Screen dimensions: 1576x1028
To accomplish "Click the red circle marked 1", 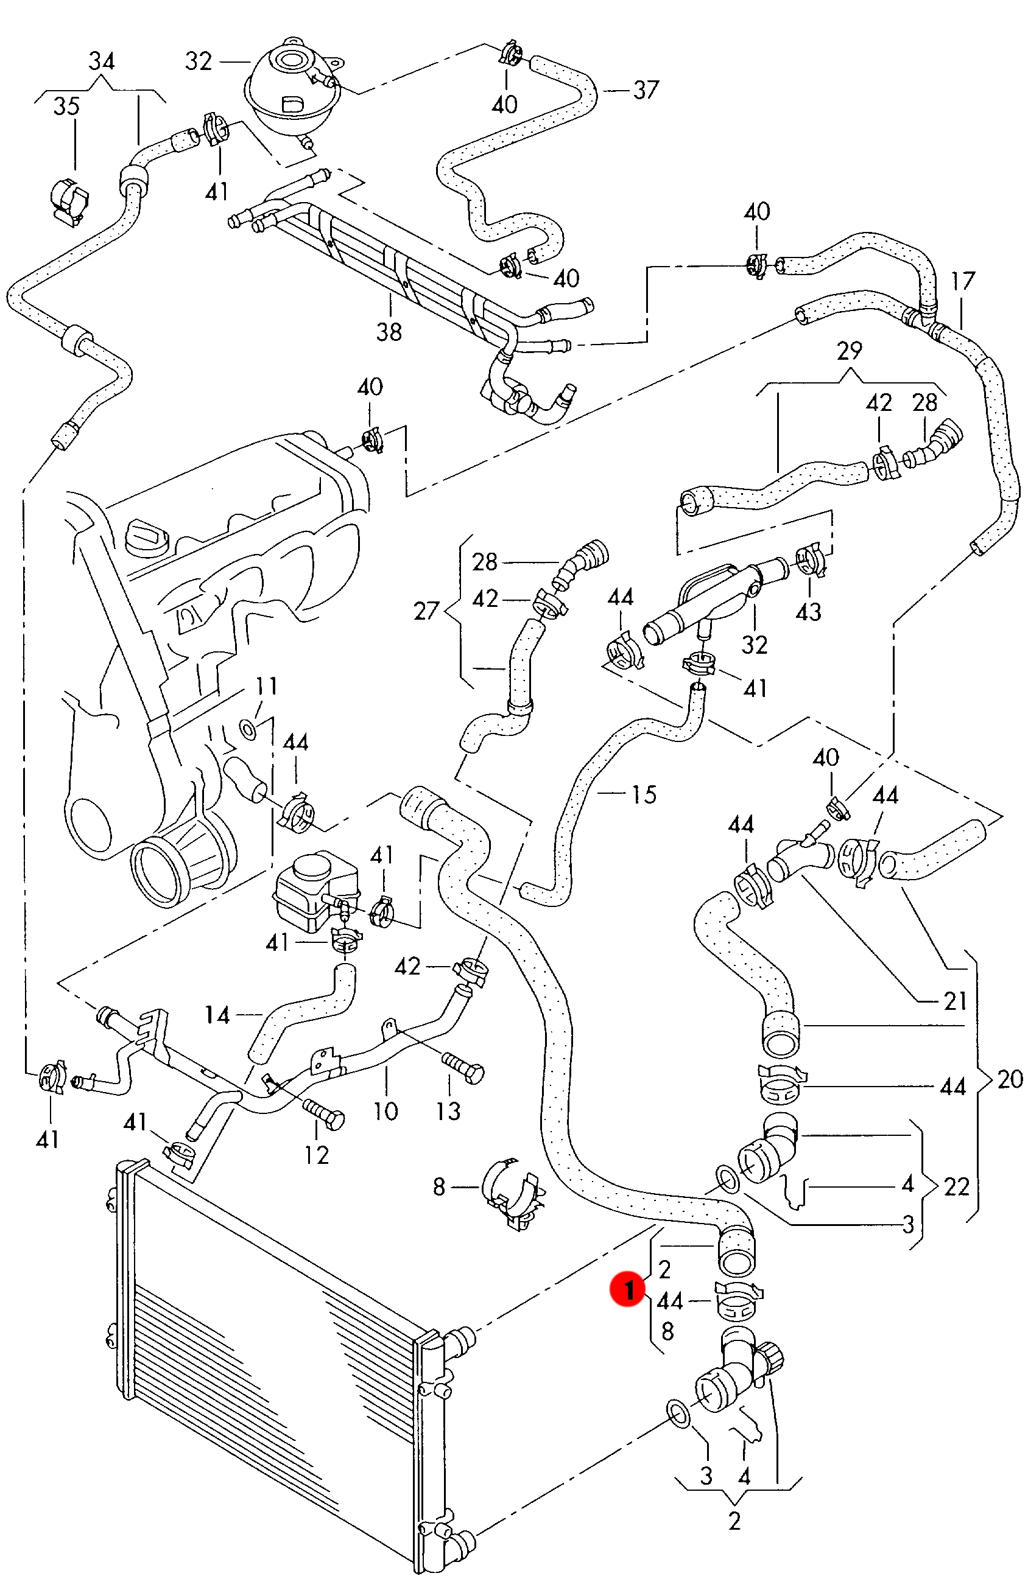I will [627, 1290].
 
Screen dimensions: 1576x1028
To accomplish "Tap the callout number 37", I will [646, 90].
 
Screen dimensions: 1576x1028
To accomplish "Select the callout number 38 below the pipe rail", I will [389, 332].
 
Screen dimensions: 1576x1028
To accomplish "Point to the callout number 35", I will [66, 106].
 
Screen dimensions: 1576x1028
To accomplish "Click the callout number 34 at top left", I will [101, 61].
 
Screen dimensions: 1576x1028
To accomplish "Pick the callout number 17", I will [962, 281].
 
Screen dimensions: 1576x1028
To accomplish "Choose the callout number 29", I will [849, 350].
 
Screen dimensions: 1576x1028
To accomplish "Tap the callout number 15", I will [644, 794].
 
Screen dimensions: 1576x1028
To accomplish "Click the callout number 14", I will [217, 1015].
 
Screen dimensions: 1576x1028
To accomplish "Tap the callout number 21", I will [954, 1001].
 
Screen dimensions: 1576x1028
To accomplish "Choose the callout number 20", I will [1010, 1079].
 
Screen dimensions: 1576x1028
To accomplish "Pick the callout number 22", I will [956, 1186].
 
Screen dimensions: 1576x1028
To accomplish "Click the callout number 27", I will [426, 611].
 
